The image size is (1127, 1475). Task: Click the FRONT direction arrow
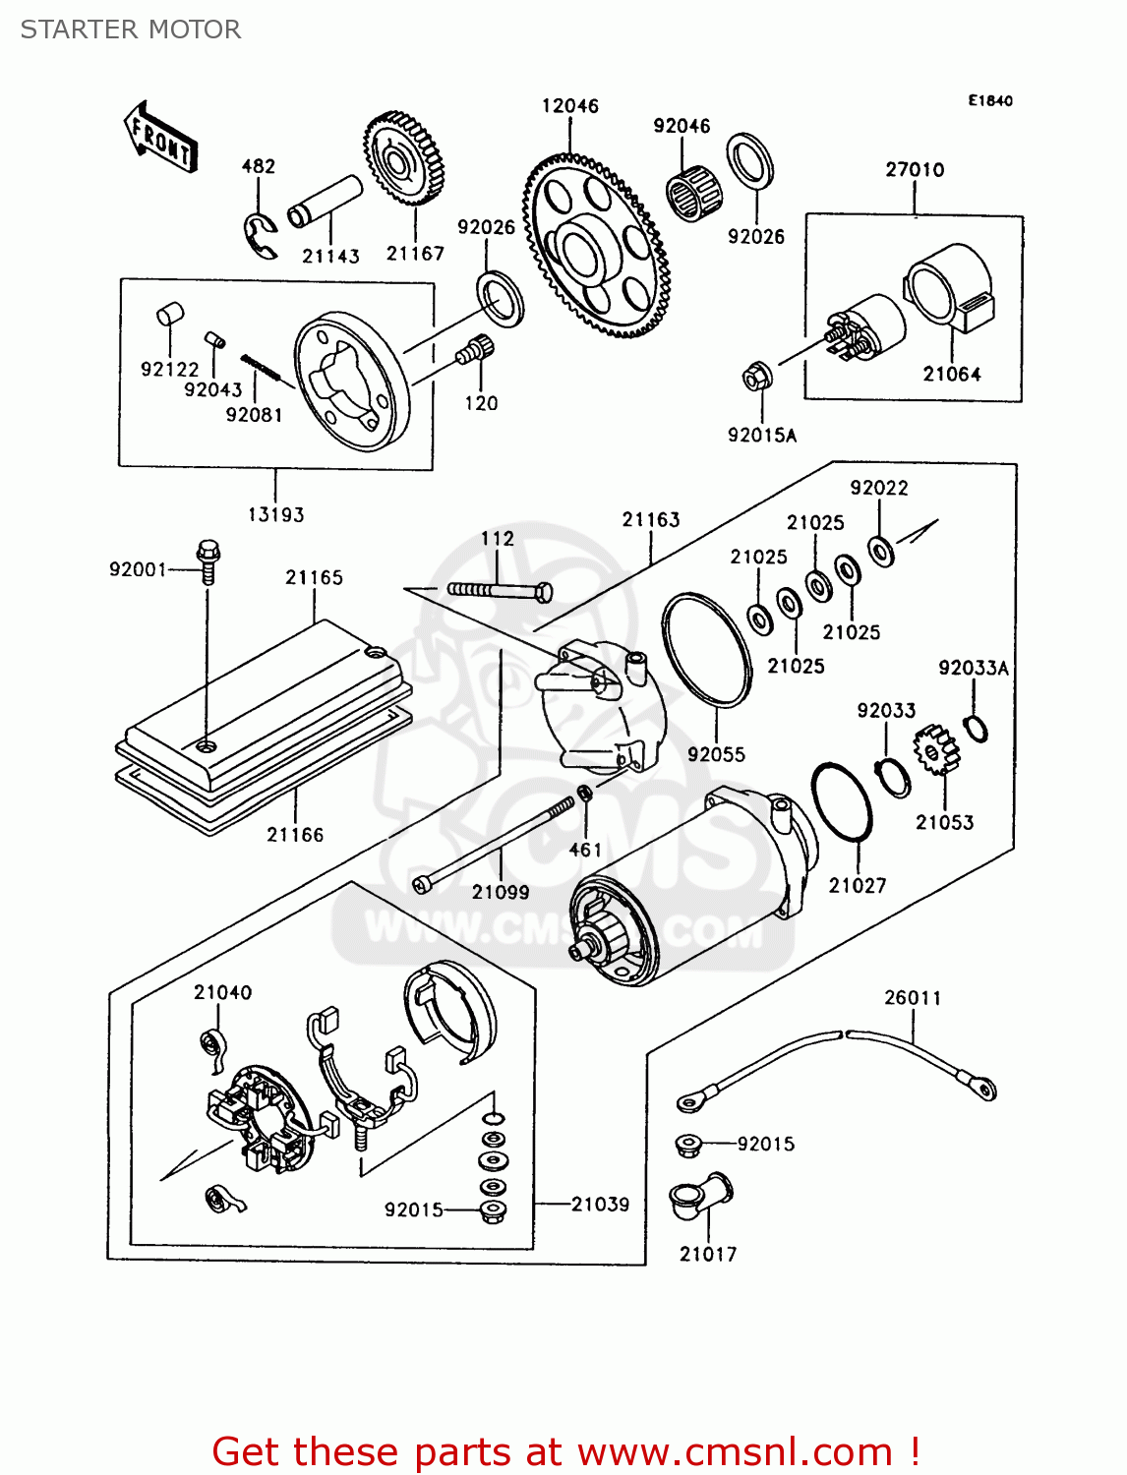point(160,137)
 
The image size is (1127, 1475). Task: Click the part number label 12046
point(569,105)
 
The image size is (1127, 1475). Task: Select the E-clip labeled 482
point(260,236)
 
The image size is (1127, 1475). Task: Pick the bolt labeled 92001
point(208,560)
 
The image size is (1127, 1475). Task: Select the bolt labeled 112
point(499,590)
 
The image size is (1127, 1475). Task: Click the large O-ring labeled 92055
point(706,649)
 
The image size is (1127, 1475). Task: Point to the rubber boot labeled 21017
point(699,1195)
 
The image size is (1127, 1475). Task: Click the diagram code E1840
point(989,100)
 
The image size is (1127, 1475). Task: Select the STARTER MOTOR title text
point(131,29)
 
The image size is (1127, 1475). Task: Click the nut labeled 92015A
point(755,376)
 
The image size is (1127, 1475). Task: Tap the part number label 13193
point(275,514)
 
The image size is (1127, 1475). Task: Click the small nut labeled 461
point(583,793)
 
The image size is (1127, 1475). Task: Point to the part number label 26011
point(912,997)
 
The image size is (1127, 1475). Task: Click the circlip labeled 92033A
point(975,729)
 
